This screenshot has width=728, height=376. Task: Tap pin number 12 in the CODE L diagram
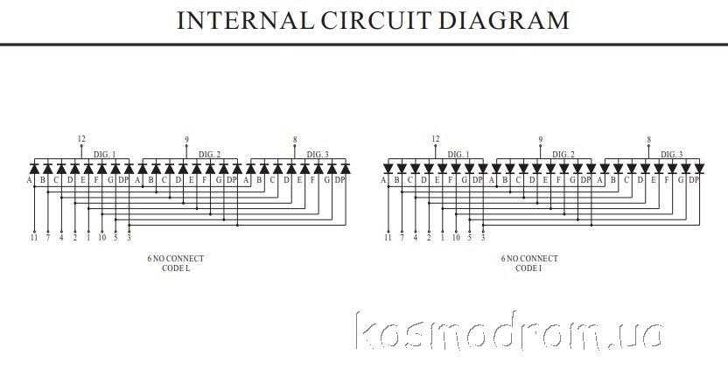tap(81, 139)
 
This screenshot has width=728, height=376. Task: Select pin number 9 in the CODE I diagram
tap(540, 139)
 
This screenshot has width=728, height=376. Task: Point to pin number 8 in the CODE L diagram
tap(295, 139)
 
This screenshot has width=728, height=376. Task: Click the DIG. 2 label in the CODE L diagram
tap(208, 154)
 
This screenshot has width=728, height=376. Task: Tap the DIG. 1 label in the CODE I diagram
tap(458, 154)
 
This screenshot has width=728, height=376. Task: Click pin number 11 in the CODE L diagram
tap(34, 237)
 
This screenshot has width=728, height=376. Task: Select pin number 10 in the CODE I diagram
tap(456, 237)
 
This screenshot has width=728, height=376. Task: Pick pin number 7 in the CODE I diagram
tap(402, 237)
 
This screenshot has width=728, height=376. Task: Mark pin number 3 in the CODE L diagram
tap(129, 237)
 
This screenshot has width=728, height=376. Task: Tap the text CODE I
tap(528, 268)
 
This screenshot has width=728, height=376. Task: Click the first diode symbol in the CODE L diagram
tap(34, 168)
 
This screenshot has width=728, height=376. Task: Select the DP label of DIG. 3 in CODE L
tap(339, 180)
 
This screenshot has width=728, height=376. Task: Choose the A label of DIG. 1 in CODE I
tap(383, 180)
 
